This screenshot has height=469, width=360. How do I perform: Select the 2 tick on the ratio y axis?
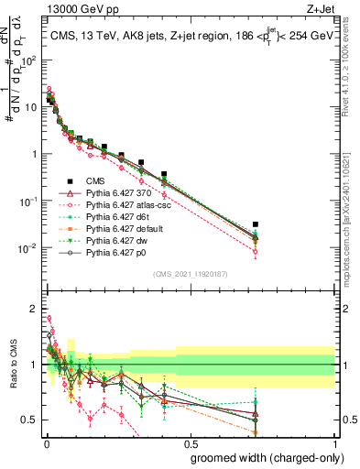click(x=33, y=309)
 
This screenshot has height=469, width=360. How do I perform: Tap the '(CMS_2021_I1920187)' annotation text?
click(x=190, y=273)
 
